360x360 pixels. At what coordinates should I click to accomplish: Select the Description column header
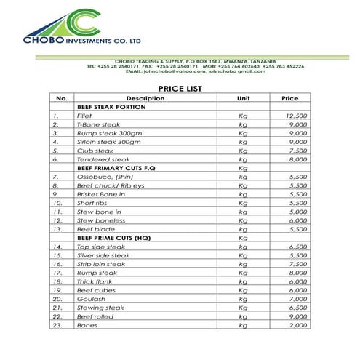tap(145, 98)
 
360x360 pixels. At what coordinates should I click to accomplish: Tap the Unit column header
tap(243, 98)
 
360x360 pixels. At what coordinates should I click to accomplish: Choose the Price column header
tap(289, 98)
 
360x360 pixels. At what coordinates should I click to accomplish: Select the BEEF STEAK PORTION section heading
tap(111, 107)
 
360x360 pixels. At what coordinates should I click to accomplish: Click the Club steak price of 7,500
tap(297, 151)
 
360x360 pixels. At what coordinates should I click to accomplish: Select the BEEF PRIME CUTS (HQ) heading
tap(113, 238)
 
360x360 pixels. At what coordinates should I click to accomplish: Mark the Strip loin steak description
tap(101, 264)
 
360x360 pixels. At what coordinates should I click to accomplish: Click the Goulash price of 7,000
tap(297, 299)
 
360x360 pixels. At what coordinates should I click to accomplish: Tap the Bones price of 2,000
tap(297, 325)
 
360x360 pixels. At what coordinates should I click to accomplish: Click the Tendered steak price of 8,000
tap(297, 159)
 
